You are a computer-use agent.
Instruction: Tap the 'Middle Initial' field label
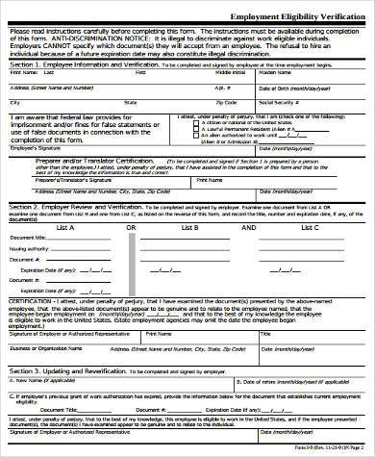tap(230, 72)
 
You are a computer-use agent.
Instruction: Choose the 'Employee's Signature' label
tap(29, 148)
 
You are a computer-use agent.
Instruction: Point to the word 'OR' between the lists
tap(131, 227)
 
